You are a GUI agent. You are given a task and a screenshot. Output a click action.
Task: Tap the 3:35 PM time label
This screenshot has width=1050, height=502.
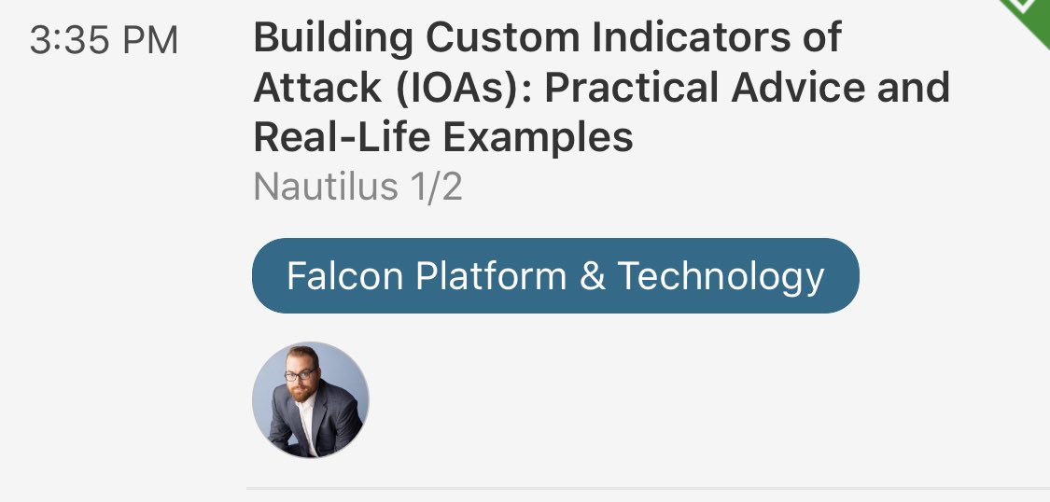104,41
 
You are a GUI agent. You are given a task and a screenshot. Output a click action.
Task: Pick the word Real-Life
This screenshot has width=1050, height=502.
343,138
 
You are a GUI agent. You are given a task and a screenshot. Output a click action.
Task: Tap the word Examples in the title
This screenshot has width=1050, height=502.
539,138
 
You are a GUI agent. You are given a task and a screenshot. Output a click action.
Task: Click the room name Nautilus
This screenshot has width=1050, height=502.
326,188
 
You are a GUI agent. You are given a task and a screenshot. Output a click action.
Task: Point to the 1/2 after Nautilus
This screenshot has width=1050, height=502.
435,188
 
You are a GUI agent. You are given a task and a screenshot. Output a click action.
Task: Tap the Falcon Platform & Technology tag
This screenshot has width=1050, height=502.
555,276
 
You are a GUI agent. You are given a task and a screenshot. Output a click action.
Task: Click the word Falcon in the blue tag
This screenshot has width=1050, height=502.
345,276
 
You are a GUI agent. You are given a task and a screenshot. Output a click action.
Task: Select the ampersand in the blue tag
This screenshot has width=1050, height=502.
593,277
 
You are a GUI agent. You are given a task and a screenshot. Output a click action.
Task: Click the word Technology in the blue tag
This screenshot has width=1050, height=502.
721,276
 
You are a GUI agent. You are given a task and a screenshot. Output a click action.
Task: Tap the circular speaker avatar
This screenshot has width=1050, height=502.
311,399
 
